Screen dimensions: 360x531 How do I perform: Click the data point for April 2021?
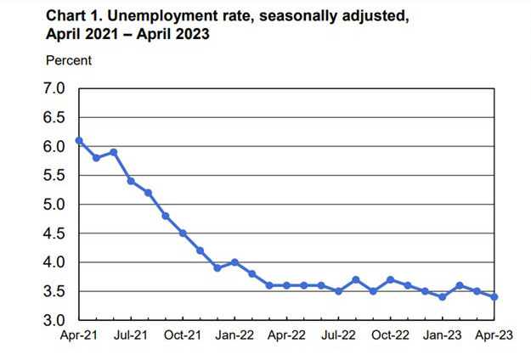click(79, 141)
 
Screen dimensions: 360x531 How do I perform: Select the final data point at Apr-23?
click(494, 297)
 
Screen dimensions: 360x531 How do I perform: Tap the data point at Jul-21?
click(131, 181)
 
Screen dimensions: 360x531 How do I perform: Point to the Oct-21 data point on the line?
click(183, 233)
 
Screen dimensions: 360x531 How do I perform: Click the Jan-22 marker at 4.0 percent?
click(234, 262)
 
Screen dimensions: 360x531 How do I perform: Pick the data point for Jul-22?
click(338, 291)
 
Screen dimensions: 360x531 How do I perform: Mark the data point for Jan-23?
click(442, 297)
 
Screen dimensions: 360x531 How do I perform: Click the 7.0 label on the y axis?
click(54, 88)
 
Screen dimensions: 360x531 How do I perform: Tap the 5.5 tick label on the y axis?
click(54, 176)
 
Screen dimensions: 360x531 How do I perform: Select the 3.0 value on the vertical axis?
click(54, 321)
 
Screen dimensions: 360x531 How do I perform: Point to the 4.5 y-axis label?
click(54, 233)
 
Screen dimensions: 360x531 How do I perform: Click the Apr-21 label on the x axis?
click(78, 336)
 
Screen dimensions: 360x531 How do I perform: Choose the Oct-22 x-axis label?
click(389, 336)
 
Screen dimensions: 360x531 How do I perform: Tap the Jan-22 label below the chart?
click(234, 336)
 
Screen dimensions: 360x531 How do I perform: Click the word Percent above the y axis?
click(68, 59)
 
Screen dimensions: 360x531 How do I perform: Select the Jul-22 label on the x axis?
click(338, 336)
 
